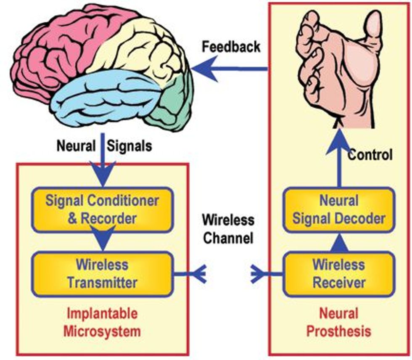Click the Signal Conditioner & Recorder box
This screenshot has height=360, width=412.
[102, 209]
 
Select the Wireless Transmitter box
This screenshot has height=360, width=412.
[102, 273]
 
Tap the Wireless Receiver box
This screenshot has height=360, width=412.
[338, 273]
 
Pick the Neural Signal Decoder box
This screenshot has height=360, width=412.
[338, 209]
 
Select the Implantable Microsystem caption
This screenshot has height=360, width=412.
[102, 323]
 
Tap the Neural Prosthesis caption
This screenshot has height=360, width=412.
[338, 322]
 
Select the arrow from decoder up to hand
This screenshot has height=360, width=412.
[338, 160]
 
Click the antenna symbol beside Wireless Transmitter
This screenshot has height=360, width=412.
[198, 274]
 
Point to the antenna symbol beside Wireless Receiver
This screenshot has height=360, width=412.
[259, 274]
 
